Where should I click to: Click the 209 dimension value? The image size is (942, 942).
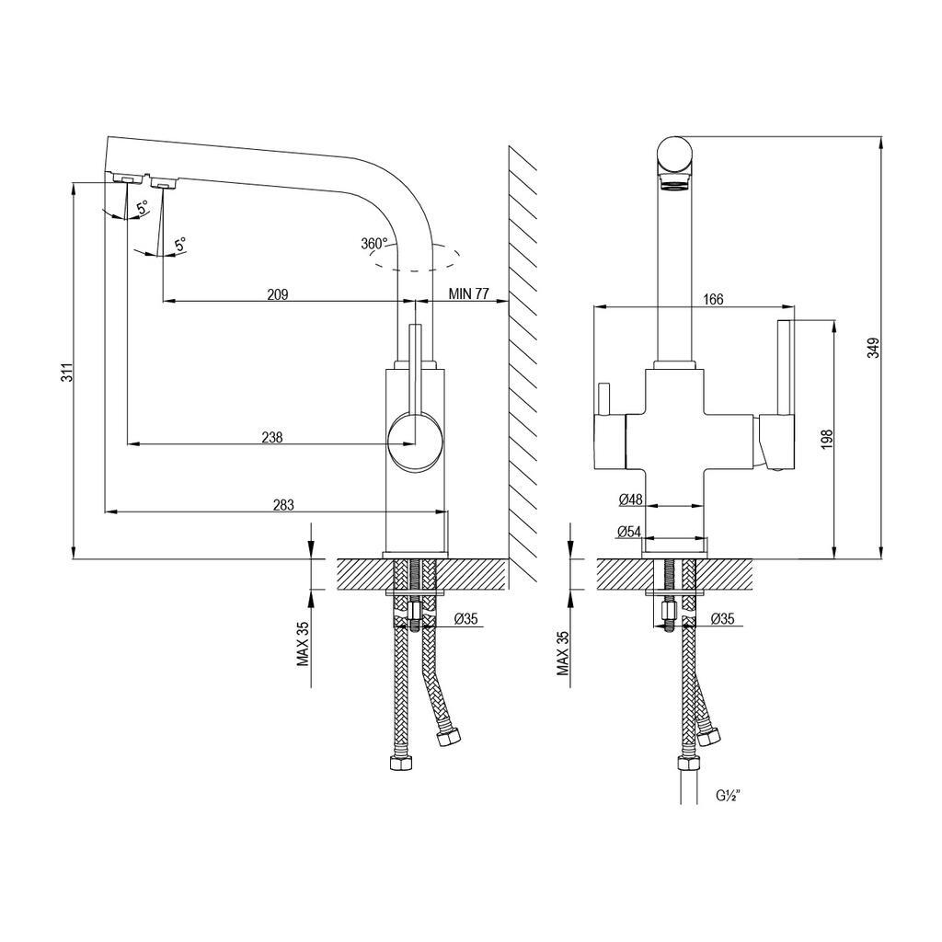(x=278, y=294)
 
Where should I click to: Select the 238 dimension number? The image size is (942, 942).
(x=272, y=437)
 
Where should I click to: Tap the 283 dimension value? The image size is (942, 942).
(x=283, y=505)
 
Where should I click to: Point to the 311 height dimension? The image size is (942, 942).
(x=69, y=373)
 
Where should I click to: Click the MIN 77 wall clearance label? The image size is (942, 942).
(x=469, y=293)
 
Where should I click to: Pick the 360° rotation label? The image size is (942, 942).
(x=375, y=244)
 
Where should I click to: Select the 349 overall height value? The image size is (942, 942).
(x=874, y=348)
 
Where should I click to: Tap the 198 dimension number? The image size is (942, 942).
(x=827, y=440)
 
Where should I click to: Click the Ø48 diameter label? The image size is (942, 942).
(x=630, y=500)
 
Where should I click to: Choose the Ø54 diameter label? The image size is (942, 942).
(x=629, y=532)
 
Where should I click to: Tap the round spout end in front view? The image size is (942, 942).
(x=675, y=154)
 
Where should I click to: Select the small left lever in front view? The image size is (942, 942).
(x=603, y=398)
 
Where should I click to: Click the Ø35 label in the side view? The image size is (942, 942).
(x=465, y=619)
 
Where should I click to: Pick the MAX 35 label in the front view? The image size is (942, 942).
(x=563, y=653)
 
